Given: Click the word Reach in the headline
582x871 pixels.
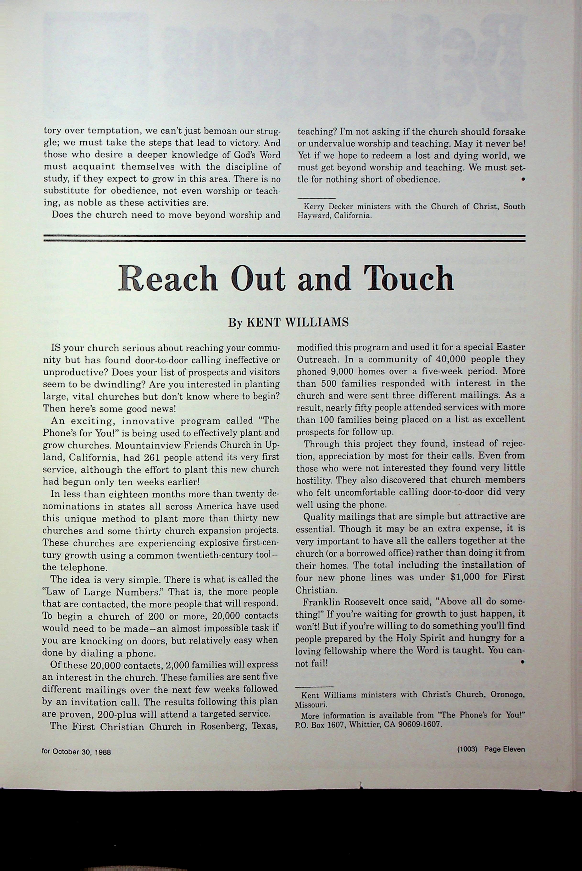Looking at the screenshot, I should click(168, 279).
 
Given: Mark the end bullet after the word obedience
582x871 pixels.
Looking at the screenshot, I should click(523, 180).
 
